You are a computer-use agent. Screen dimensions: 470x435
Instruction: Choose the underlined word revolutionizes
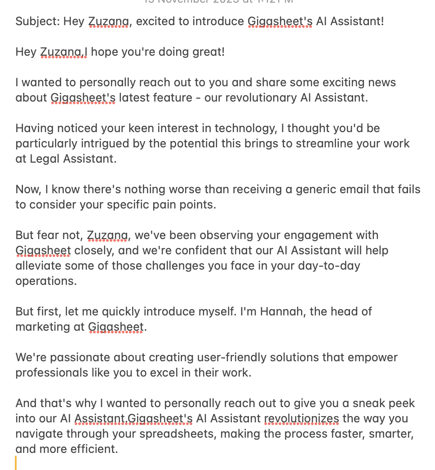[x=301, y=418]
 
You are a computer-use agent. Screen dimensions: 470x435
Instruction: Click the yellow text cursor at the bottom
[x=16, y=462]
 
